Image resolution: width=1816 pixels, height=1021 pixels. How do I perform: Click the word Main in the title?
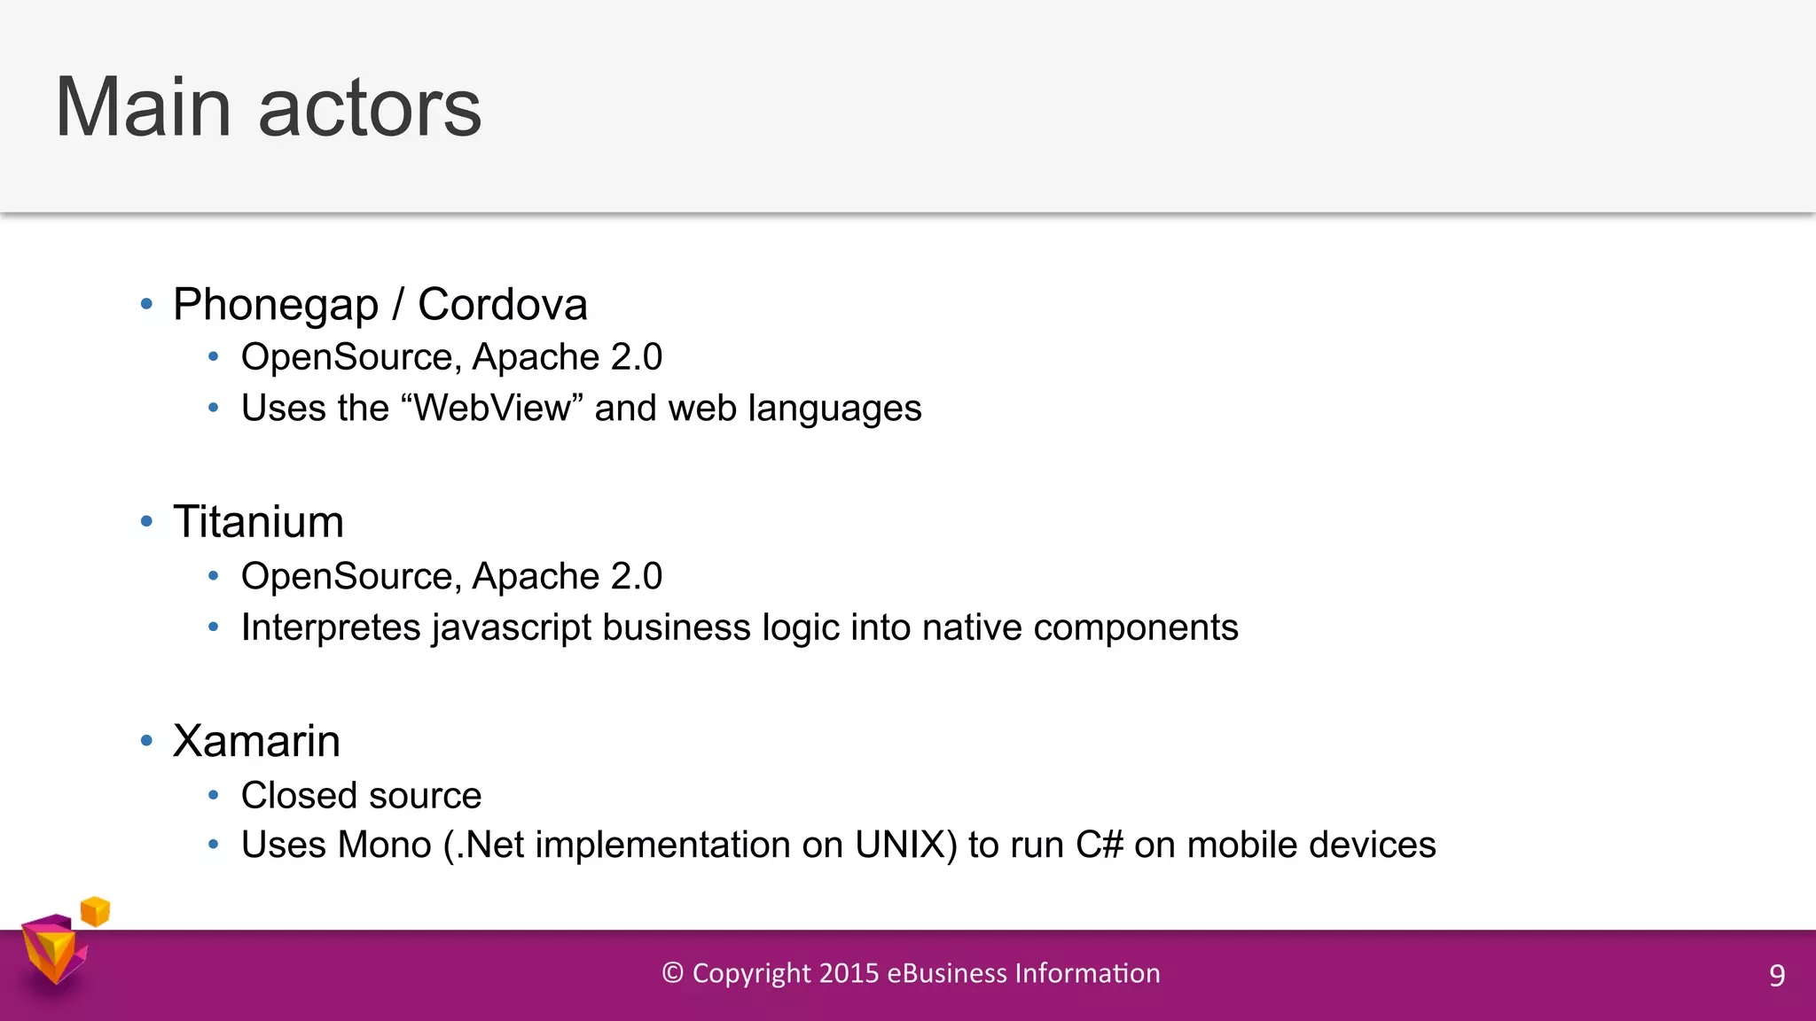pos(144,107)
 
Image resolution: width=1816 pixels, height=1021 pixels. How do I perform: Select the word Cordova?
pos(502,305)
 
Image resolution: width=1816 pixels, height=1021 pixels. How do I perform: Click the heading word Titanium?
pos(258,522)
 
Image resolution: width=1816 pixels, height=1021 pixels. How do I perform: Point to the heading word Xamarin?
pos(256,741)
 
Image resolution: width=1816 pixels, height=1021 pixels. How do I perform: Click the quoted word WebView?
pos(493,409)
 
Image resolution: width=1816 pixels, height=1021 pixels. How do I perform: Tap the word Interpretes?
pos(331,627)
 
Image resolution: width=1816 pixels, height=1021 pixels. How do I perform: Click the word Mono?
pos(385,845)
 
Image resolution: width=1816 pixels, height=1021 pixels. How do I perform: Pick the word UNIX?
pos(900,845)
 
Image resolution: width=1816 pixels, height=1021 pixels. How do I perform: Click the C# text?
pos(1100,845)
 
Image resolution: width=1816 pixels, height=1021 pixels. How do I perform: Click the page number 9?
pos(1776,976)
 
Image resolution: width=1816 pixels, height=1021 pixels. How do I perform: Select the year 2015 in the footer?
pos(849,973)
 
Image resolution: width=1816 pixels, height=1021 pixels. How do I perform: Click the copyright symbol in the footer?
pos(672,973)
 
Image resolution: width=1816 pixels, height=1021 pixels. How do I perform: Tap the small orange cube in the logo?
pos(95,911)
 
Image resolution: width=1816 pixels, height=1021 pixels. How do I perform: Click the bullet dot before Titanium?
pos(147,522)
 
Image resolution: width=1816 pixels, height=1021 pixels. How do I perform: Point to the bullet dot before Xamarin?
pos(147,741)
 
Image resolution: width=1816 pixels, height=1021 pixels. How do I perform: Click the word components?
pos(1135,627)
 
